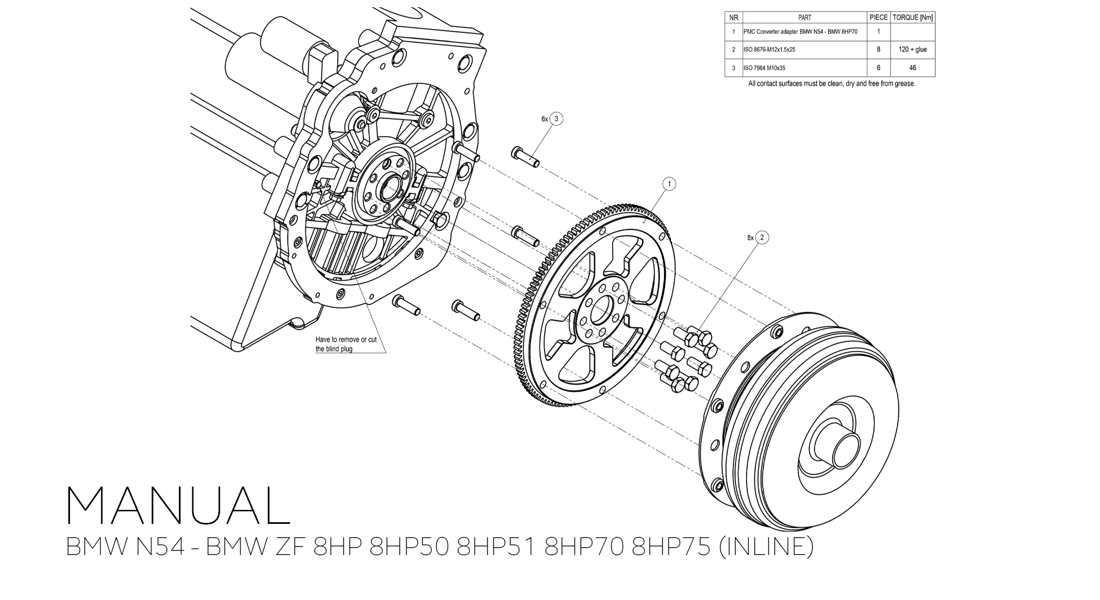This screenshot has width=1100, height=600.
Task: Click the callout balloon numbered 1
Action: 669,184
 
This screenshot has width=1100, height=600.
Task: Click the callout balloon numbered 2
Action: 762,237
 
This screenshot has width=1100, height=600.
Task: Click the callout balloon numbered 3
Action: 556,119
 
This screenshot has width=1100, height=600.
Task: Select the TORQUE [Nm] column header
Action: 913,18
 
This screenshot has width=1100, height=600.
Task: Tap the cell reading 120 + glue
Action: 913,49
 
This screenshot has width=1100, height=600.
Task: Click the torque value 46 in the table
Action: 913,68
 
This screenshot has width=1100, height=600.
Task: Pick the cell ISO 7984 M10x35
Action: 764,68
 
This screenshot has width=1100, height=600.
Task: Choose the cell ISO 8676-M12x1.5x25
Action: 769,49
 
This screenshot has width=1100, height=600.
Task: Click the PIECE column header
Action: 878,18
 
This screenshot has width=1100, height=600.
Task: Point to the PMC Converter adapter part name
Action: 801,32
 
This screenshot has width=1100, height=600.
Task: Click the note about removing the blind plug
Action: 346,344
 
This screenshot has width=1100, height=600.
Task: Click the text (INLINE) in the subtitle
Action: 766,547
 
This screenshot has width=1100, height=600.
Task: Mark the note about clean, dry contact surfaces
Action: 831,84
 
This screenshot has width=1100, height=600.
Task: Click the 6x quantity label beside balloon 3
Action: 544,119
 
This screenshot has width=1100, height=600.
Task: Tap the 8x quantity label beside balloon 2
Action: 751,238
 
